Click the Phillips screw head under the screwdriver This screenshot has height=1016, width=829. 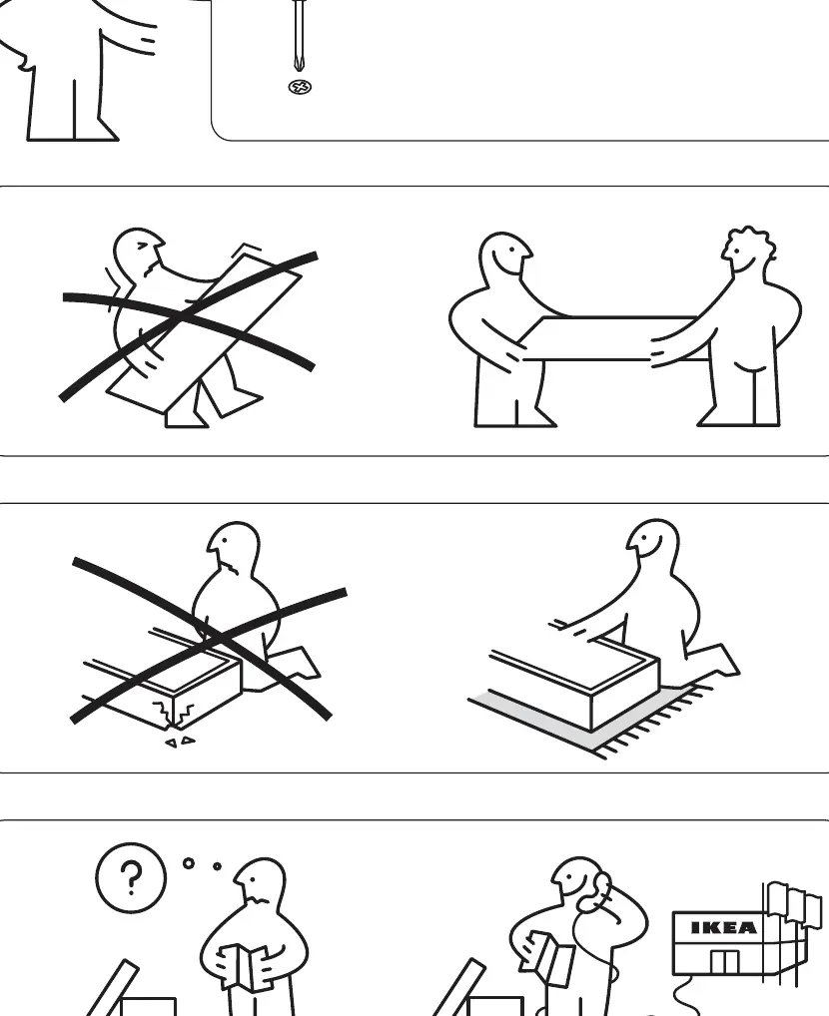300,87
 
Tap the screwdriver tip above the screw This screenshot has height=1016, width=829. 299,66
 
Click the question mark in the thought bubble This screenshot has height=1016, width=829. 131,878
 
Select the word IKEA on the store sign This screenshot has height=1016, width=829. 724,928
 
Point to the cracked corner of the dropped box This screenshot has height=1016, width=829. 173,712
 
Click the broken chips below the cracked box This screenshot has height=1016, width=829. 180,742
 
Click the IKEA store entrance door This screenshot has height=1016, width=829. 724,963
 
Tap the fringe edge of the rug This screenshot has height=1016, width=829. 655,725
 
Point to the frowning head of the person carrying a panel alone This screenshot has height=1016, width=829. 138,254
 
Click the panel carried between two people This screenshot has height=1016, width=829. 609,338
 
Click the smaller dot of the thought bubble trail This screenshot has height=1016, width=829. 217,865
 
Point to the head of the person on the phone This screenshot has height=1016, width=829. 578,882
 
